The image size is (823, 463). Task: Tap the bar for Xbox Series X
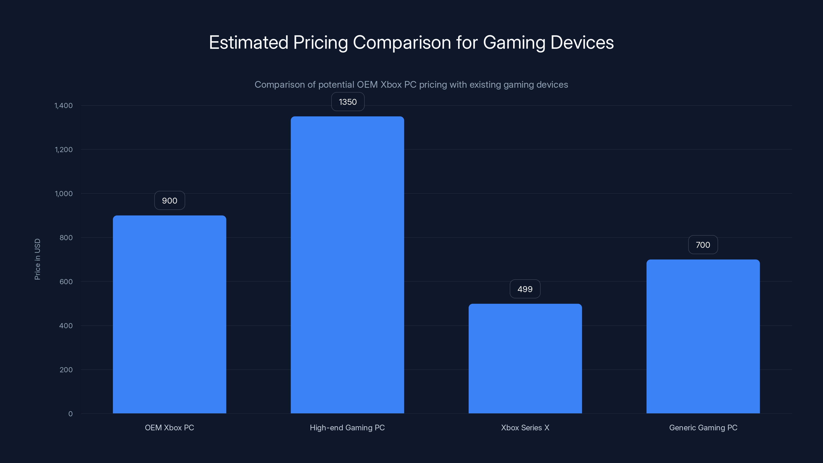[x=525, y=359]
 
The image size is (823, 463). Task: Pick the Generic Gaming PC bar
[x=703, y=336]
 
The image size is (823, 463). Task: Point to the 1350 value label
[x=348, y=102]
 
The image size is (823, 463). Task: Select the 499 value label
[x=525, y=289]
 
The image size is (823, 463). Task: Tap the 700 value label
[x=703, y=245]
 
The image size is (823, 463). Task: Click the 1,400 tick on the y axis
[x=64, y=106]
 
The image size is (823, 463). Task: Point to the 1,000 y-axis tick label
[x=64, y=194]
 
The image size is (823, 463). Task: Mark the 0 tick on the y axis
[x=70, y=414]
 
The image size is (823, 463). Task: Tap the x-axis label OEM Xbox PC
[x=169, y=428]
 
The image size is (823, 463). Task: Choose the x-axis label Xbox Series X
[x=525, y=428]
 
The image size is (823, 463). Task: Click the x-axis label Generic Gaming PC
[x=703, y=428]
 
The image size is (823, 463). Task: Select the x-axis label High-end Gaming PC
[x=347, y=428]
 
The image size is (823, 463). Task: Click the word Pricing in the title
[x=320, y=43]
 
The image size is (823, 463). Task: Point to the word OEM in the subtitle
[x=367, y=85]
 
